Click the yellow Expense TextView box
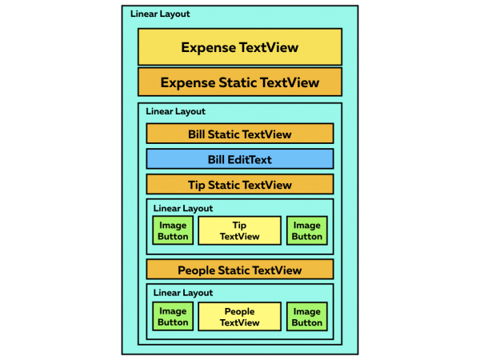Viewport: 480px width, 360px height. click(x=240, y=47)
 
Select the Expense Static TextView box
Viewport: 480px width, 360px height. click(x=240, y=82)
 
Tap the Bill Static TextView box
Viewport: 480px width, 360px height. click(x=240, y=134)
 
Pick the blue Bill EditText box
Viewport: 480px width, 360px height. click(x=240, y=159)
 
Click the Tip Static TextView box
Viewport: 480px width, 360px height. click(x=240, y=184)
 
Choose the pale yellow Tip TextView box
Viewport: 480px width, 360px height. click(x=239, y=230)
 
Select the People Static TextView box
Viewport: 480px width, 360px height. click(x=240, y=270)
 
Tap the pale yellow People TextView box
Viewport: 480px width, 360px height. click(x=239, y=317)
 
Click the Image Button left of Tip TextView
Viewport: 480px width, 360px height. click(x=173, y=230)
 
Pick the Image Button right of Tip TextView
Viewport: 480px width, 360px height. click(x=307, y=230)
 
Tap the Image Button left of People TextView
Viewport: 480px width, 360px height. click(x=173, y=317)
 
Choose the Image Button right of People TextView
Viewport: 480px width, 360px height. click(x=307, y=317)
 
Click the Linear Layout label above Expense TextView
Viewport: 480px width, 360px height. click(x=160, y=14)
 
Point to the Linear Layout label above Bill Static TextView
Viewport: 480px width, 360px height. click(x=175, y=111)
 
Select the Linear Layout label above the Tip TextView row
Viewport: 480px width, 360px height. click(x=183, y=209)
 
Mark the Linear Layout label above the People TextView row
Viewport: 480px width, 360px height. click(x=183, y=293)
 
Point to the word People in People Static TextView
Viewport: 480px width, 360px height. click(x=196, y=270)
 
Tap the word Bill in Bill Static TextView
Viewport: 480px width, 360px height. click(x=196, y=134)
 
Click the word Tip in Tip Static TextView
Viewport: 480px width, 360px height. click(x=196, y=186)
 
